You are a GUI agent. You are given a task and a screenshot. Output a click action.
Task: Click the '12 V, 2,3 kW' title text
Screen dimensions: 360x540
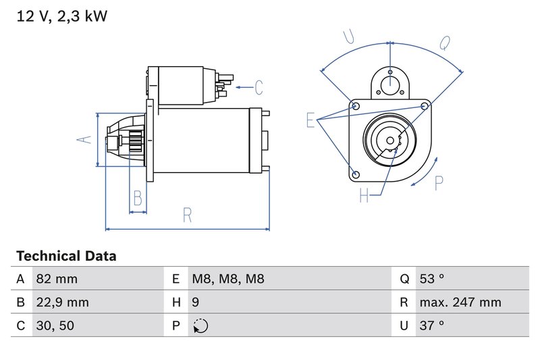point(61,16)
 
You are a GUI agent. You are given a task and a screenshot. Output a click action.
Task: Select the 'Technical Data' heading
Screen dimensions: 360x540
point(66,256)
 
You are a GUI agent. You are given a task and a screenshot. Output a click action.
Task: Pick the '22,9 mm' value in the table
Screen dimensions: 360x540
point(61,303)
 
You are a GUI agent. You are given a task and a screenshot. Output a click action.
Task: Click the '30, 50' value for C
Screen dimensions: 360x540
point(55,326)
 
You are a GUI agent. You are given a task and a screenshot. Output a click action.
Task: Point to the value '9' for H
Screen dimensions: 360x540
point(196,303)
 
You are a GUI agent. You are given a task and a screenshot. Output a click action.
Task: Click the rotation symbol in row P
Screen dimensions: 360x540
point(200,326)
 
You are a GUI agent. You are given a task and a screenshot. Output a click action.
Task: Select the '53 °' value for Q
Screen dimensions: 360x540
point(431,279)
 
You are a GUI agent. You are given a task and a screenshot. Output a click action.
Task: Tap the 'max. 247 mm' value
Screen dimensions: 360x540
point(460,303)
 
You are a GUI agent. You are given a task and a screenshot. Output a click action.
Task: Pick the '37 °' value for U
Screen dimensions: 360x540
point(431,326)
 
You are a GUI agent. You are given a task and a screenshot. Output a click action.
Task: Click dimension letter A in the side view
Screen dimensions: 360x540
point(83,140)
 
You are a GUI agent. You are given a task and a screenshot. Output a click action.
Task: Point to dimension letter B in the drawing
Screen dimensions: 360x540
point(138,199)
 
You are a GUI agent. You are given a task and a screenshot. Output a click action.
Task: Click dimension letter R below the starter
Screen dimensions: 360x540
point(188,215)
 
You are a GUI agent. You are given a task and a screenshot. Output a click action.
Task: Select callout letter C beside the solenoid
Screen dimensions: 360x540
point(258,87)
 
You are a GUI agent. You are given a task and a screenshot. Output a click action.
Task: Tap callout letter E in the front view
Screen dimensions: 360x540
point(310,120)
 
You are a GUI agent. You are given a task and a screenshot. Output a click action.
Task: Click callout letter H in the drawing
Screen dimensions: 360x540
point(364,196)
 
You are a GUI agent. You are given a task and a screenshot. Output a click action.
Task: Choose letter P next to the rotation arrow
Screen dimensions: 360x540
point(439,182)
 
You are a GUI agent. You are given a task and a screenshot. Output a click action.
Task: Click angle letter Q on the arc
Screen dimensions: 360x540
point(444,43)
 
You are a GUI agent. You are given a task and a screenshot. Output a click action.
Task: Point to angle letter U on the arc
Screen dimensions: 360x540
point(349,37)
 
